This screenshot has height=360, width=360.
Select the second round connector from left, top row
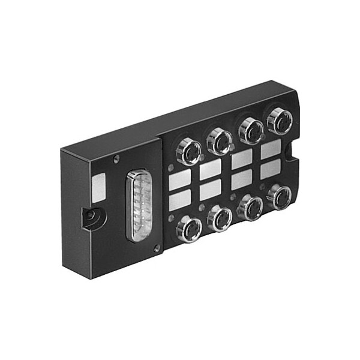click(x=219, y=141)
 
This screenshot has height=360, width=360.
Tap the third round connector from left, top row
click(x=251, y=130)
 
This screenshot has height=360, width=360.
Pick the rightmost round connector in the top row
click(x=279, y=121)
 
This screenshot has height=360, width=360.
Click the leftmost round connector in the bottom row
click(x=189, y=229)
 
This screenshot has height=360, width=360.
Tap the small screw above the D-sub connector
click(x=116, y=158)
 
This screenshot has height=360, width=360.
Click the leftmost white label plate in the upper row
click(x=180, y=179)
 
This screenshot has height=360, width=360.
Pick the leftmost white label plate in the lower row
click(x=181, y=200)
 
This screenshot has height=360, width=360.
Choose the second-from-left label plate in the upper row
click(x=211, y=170)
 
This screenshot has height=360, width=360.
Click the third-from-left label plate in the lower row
click(x=242, y=179)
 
